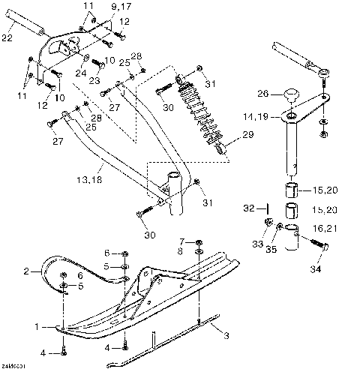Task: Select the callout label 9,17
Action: pyautogui.click(x=121, y=7)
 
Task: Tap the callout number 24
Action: pyautogui.click(x=79, y=73)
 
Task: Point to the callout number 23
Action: pyautogui.click(x=94, y=80)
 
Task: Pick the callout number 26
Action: pyautogui.click(x=262, y=94)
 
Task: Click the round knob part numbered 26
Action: pyautogui.click(x=291, y=94)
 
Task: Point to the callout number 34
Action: pyautogui.click(x=314, y=268)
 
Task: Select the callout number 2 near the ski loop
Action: pyautogui.click(x=26, y=271)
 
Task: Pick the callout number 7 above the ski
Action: pyautogui.click(x=182, y=241)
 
